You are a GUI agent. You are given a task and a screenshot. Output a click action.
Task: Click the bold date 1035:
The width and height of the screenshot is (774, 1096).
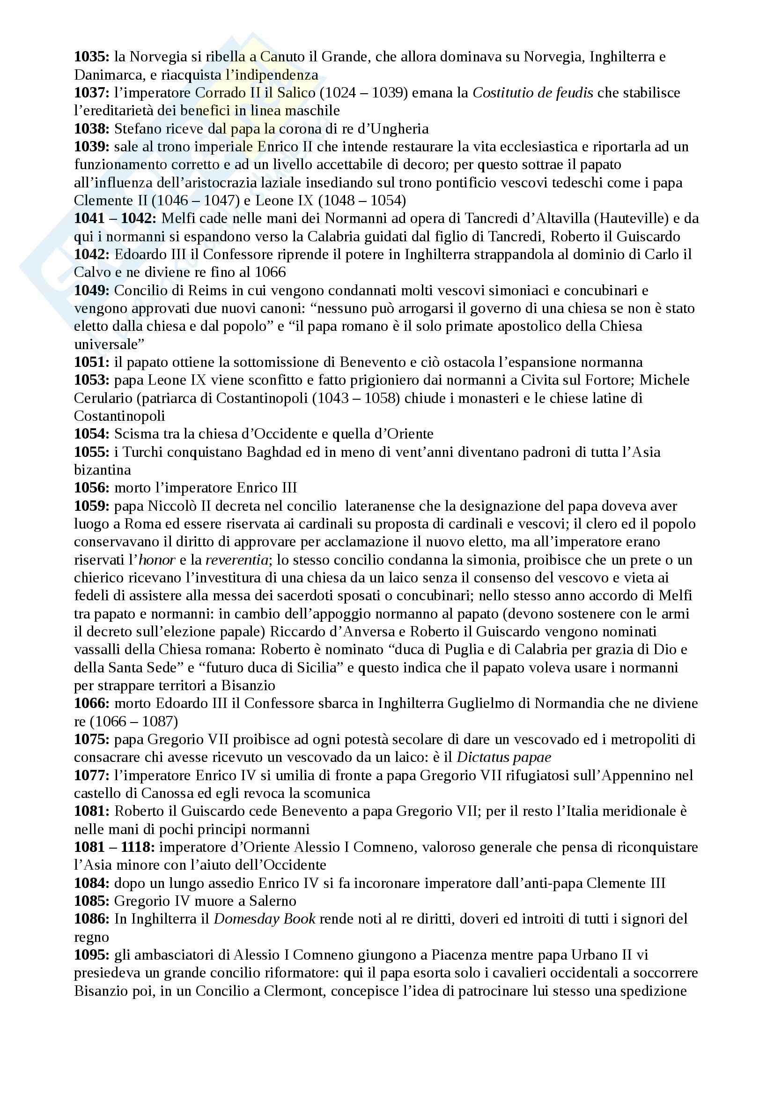click(92, 57)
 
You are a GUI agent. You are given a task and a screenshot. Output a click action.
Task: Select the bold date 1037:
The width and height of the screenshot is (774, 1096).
click(92, 93)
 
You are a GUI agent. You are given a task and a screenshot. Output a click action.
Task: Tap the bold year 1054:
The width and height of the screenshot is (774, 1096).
click(92, 434)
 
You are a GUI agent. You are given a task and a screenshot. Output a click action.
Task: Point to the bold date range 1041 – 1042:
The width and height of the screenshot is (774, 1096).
click(115, 219)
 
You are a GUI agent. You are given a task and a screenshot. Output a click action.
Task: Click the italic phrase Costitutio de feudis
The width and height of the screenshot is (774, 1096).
click(533, 93)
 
